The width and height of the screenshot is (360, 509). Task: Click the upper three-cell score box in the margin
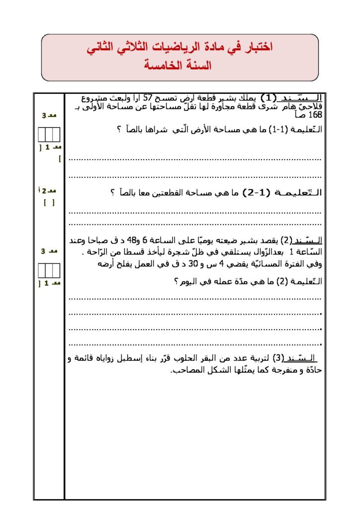click(49, 135)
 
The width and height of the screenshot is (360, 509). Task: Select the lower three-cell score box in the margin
click(49, 270)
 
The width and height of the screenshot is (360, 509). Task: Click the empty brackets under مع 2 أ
click(49, 203)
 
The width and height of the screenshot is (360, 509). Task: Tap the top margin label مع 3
click(49, 116)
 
